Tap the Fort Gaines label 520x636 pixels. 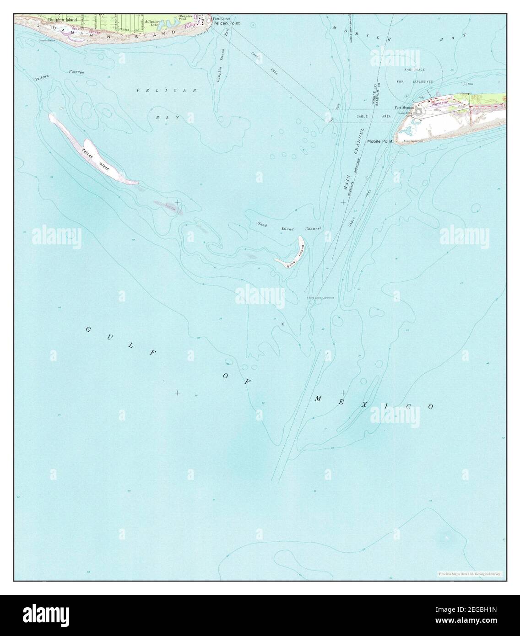pyautogui.click(x=222, y=19)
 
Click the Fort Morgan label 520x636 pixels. pyautogui.click(x=404, y=108)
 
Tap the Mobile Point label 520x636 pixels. pyautogui.click(x=380, y=142)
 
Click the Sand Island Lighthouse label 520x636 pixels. pyautogui.click(x=321, y=297)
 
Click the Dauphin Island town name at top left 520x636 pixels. pyautogui.click(x=63, y=20)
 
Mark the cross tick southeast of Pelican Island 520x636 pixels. pyautogui.click(x=177, y=202)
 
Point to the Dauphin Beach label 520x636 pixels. pyautogui.click(x=46, y=41)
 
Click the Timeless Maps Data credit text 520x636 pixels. pyautogui.click(x=469, y=574)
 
